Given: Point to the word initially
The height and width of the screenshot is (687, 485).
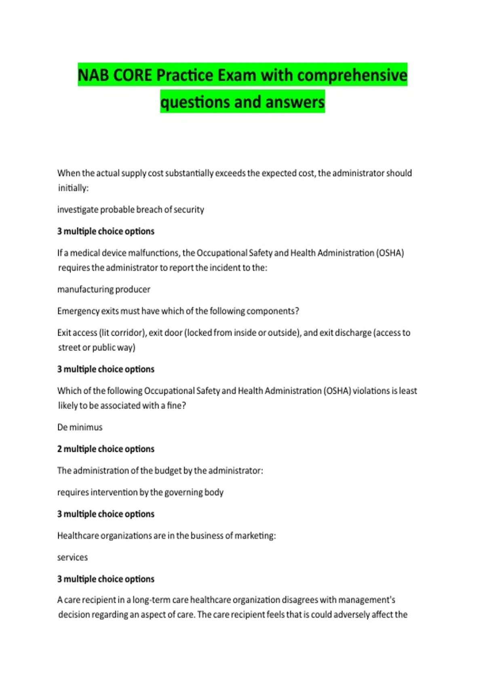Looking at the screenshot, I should pos(73,188).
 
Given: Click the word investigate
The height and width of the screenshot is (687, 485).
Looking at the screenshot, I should pos(78,210).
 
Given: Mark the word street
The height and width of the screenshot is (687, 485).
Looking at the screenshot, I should pos(69,348).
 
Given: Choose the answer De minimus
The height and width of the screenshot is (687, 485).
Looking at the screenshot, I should pos(80,427).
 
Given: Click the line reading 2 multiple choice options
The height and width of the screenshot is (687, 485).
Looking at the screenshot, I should pos(106,449).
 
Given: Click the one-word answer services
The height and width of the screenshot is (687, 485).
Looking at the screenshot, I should pos(72,557).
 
